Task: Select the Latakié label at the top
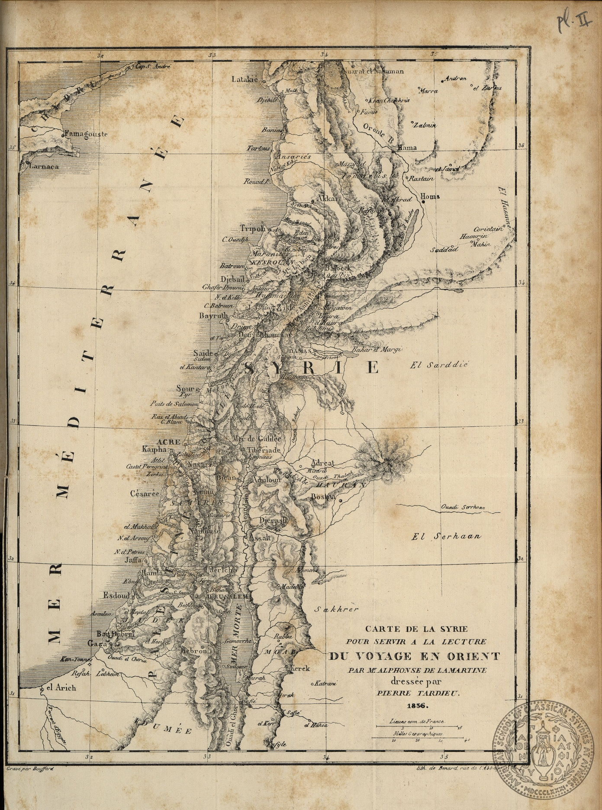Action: [x=245, y=79]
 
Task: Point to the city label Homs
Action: [x=430, y=196]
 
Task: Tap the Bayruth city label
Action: [x=213, y=316]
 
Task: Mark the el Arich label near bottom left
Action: [x=61, y=687]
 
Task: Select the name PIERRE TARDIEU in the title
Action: [x=415, y=692]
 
